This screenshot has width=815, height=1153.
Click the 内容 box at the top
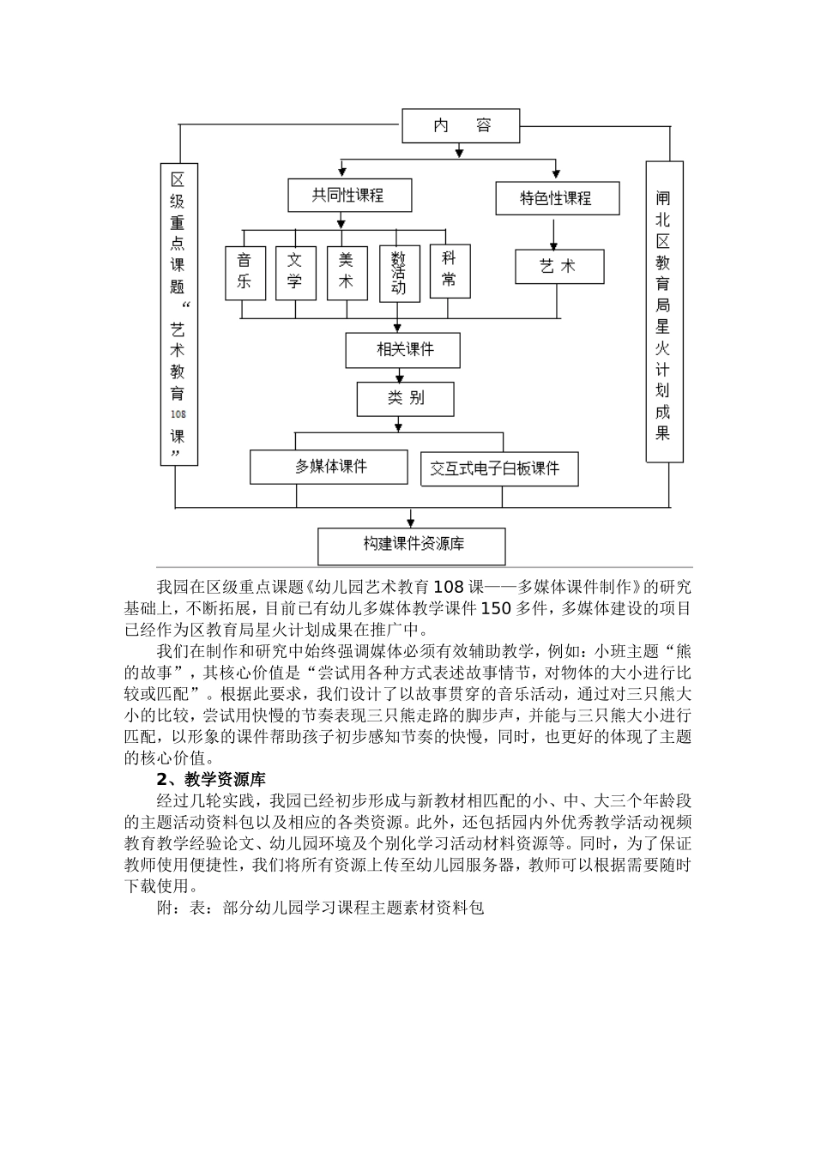pos(461,126)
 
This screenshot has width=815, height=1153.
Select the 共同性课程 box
pos(349,196)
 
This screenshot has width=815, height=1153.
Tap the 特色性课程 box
pos(556,198)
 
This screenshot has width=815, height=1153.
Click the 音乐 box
pos(245,273)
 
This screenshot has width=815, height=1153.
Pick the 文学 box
pos(295,273)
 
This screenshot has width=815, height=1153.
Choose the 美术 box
pos(347,273)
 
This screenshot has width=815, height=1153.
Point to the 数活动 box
pos(399,275)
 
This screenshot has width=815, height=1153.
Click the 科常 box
pos(450,271)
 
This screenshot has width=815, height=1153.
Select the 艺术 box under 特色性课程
pos(558,267)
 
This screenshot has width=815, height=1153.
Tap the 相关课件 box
pos(402,350)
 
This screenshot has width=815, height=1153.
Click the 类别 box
pos(405,398)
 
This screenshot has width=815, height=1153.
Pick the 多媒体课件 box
pos(329,467)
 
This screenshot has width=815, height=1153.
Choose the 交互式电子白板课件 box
pos(498,469)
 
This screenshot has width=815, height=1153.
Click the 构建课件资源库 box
pos(411,546)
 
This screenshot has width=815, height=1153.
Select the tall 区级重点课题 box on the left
pos(178,314)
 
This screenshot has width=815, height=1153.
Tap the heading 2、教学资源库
pos(210,779)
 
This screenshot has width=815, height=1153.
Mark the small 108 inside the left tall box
pos(178,414)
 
